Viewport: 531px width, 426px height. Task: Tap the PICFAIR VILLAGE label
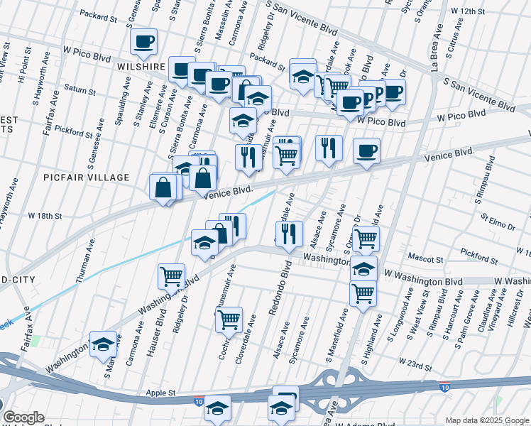[x=86, y=177]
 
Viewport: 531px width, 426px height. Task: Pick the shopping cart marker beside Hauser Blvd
[x=171, y=276]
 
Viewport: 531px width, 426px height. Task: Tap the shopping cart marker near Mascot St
[x=365, y=239]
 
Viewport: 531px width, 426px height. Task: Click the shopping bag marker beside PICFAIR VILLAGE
[x=163, y=187]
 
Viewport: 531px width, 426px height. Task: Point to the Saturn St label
[x=79, y=91]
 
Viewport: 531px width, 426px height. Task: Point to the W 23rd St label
[x=415, y=366]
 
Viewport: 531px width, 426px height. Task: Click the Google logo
[x=23, y=417]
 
